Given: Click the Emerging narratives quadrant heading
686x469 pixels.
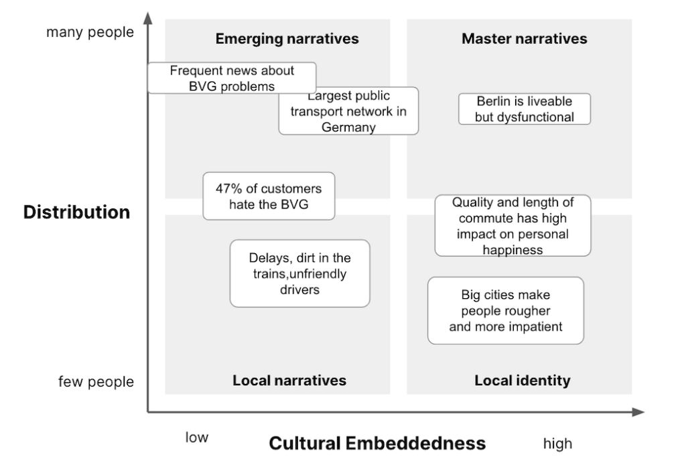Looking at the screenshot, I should (x=287, y=39).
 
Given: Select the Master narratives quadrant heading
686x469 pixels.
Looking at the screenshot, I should (x=524, y=39).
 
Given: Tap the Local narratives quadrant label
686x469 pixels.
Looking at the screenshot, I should (x=289, y=381).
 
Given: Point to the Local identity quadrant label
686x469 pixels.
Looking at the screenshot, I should (x=523, y=381).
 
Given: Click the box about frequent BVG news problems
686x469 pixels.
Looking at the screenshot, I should (x=231, y=78).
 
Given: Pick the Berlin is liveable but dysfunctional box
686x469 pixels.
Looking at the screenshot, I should (x=525, y=109).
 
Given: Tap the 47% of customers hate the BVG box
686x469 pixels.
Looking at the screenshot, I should (x=269, y=196).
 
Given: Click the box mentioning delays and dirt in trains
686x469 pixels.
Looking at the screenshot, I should (x=299, y=273).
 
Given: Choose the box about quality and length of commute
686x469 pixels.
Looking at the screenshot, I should (x=512, y=225).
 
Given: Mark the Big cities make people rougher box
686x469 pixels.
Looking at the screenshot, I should (x=506, y=311).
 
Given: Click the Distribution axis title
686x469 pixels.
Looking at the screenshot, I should (x=76, y=212).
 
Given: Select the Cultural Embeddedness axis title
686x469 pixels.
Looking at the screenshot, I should (x=377, y=443).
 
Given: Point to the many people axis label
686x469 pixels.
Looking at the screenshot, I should (x=90, y=32).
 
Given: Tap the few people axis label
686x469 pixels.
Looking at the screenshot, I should (x=96, y=382).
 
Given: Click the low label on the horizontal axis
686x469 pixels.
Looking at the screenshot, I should (x=197, y=438).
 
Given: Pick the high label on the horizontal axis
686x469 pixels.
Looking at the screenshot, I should (x=557, y=443).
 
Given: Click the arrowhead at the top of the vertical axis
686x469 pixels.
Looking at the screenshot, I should (x=148, y=17).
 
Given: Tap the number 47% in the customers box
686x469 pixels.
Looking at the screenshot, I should (x=228, y=189).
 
